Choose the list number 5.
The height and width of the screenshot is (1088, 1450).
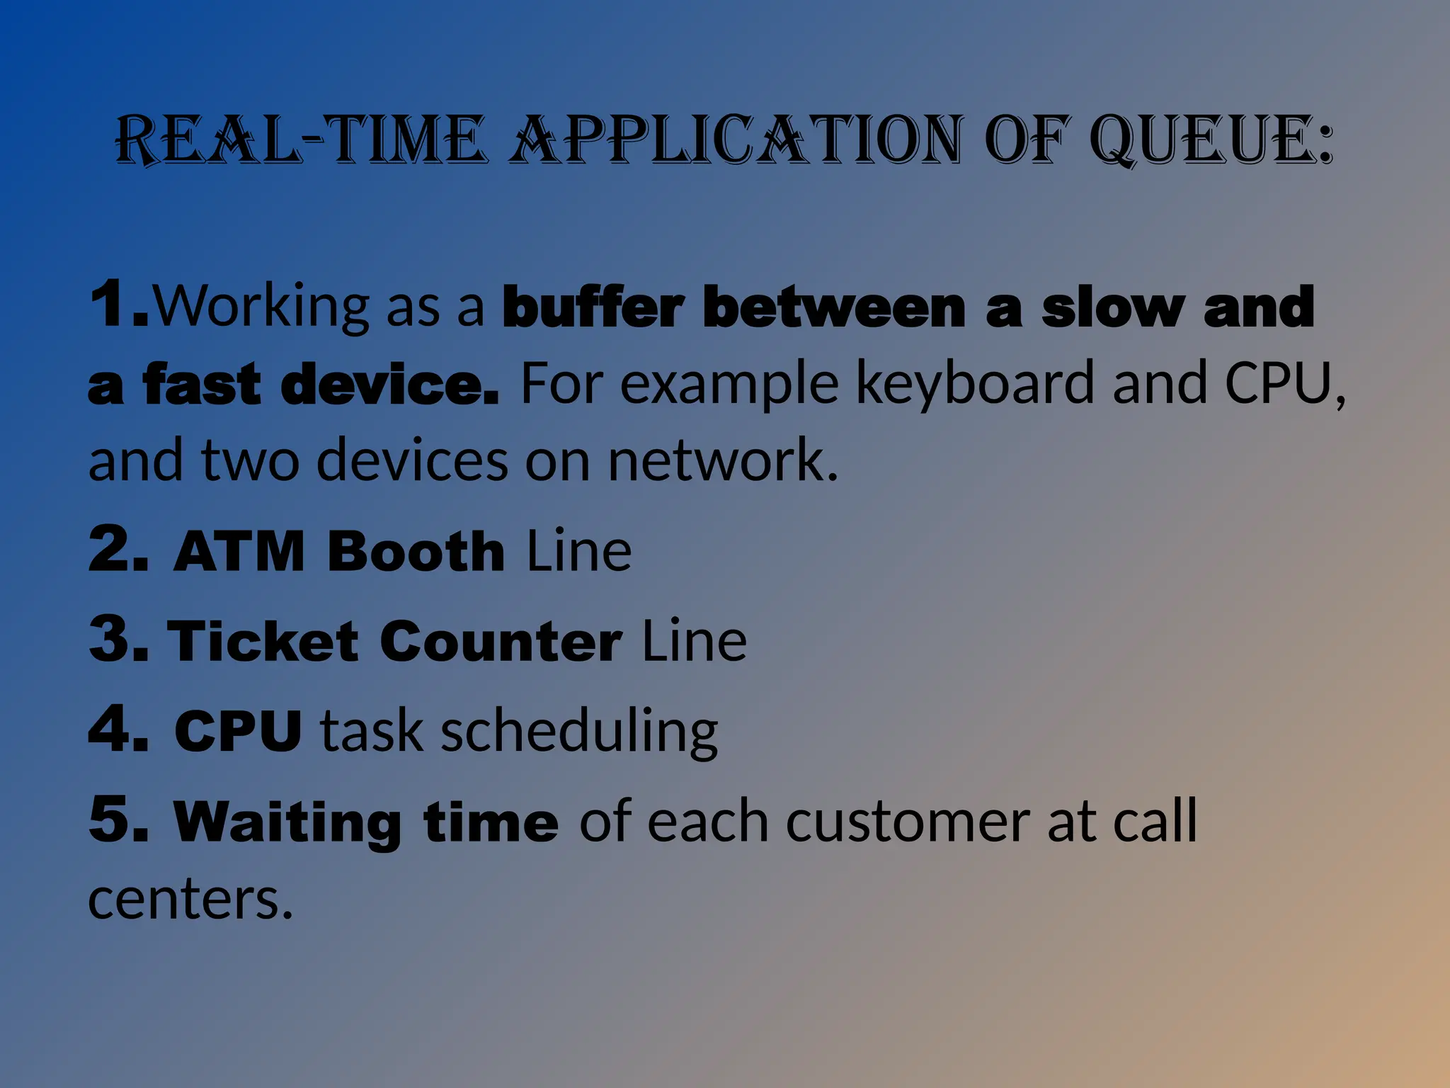[117, 820]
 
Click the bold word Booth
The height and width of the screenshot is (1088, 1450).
[416, 551]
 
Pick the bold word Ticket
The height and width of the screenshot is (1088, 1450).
[263, 641]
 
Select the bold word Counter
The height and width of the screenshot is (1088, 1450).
[501, 641]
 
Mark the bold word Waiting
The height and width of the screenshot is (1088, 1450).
[287, 822]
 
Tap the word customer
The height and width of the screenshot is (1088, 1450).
[907, 822]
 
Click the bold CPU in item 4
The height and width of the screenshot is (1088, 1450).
[238, 731]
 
